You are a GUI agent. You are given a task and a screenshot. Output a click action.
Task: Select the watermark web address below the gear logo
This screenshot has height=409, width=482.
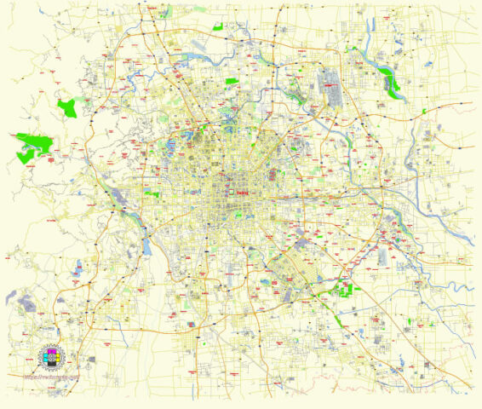[x=50, y=376]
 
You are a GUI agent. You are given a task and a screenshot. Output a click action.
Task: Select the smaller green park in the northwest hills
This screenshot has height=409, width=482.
[x=66, y=107]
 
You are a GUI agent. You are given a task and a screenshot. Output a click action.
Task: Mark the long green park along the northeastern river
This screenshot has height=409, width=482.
[x=391, y=82]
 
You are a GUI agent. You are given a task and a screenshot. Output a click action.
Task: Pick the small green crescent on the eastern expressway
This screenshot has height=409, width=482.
[x=423, y=112]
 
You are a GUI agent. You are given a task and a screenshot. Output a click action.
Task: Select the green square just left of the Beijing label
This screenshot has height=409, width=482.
[x=154, y=194]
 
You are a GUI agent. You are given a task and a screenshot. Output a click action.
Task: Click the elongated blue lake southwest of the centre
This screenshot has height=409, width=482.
[x=147, y=248]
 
